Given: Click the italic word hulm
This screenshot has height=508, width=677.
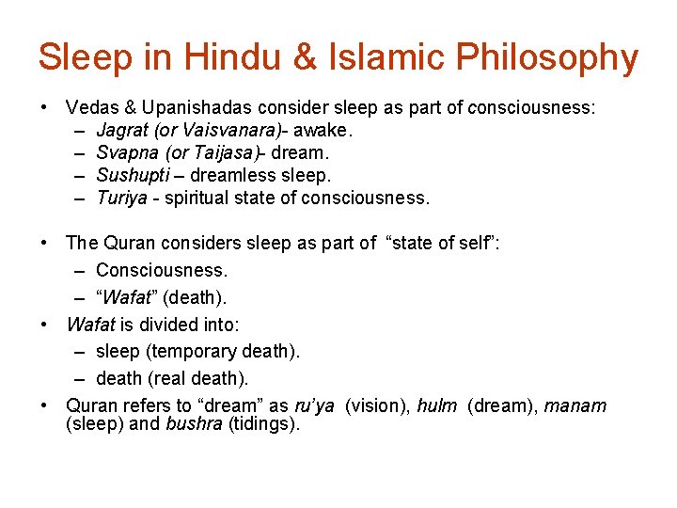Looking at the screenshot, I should tap(436, 406).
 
